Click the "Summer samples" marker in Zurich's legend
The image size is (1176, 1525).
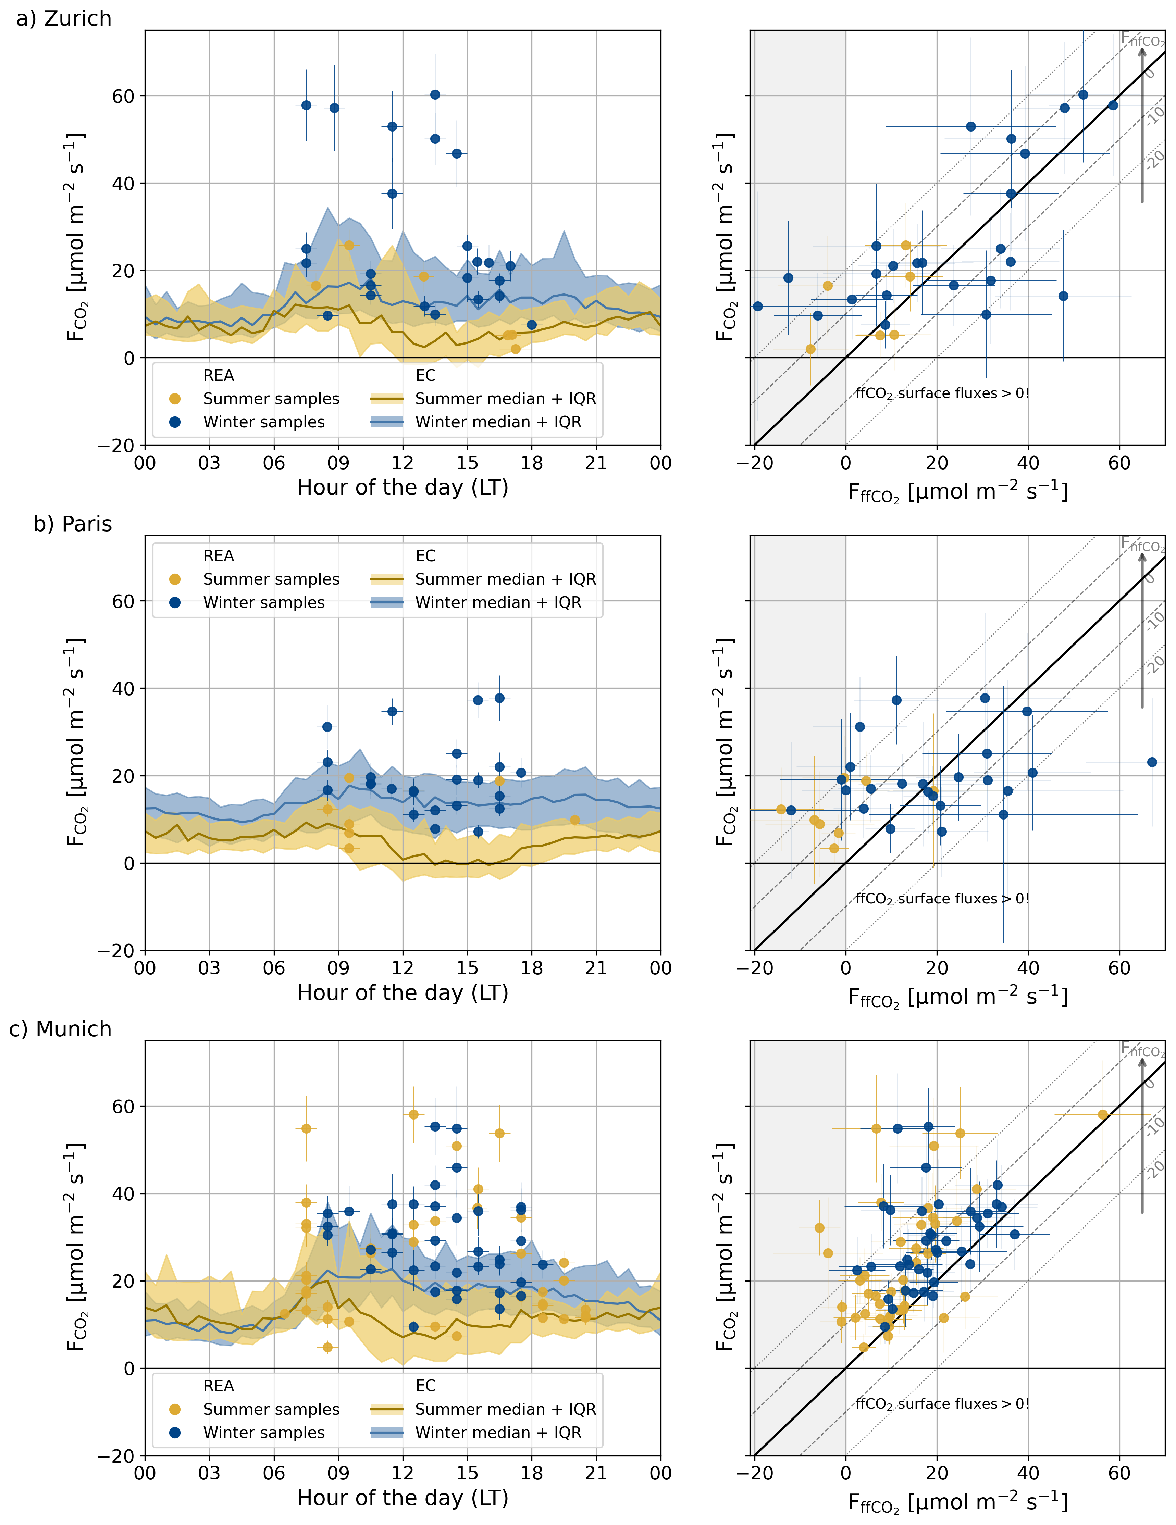(175, 399)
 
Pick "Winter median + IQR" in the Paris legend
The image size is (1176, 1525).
(498, 603)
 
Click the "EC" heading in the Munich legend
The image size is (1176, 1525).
(425, 1385)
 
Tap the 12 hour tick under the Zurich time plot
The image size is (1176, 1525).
(403, 463)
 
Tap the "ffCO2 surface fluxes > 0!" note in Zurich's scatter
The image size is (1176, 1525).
(942, 393)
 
